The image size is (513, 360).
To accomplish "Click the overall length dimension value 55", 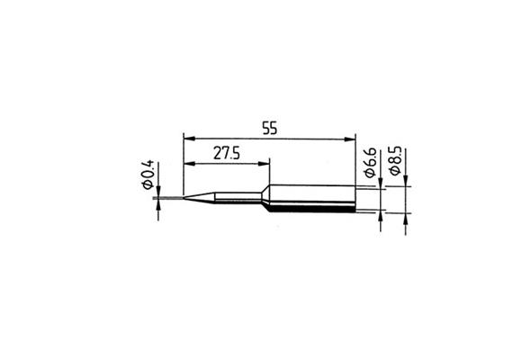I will coord(269,128).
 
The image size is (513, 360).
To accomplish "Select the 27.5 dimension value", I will coord(226,154).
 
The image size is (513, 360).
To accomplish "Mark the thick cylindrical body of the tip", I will coord(315,199).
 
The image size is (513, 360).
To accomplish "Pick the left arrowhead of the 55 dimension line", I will coord(186,139).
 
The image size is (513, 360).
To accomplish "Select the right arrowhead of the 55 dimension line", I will coord(352,139).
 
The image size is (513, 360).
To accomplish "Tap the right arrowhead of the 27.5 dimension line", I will coord(265,164).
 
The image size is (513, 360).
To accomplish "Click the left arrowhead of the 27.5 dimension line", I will coord(186,164).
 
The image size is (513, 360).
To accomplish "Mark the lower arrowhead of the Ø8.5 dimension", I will coord(407,218).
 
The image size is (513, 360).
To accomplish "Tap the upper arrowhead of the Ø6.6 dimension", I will coord(382,184).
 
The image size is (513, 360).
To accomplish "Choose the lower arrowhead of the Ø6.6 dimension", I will coord(382,214).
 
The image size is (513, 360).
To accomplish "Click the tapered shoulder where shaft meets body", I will coord(267,199).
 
